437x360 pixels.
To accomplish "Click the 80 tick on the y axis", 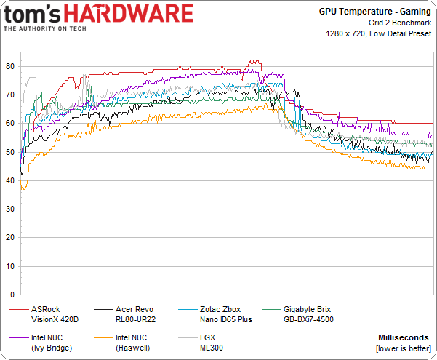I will click(11, 66).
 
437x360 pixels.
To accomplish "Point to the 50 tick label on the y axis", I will click(11, 152).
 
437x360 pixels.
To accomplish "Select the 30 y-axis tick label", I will click(11, 209).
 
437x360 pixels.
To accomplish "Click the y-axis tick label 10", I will click(11, 267).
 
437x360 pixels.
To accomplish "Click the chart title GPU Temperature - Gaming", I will click(374, 12).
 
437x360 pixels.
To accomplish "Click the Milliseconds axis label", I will click(405, 337).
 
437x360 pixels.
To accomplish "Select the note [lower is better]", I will click(403, 348).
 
